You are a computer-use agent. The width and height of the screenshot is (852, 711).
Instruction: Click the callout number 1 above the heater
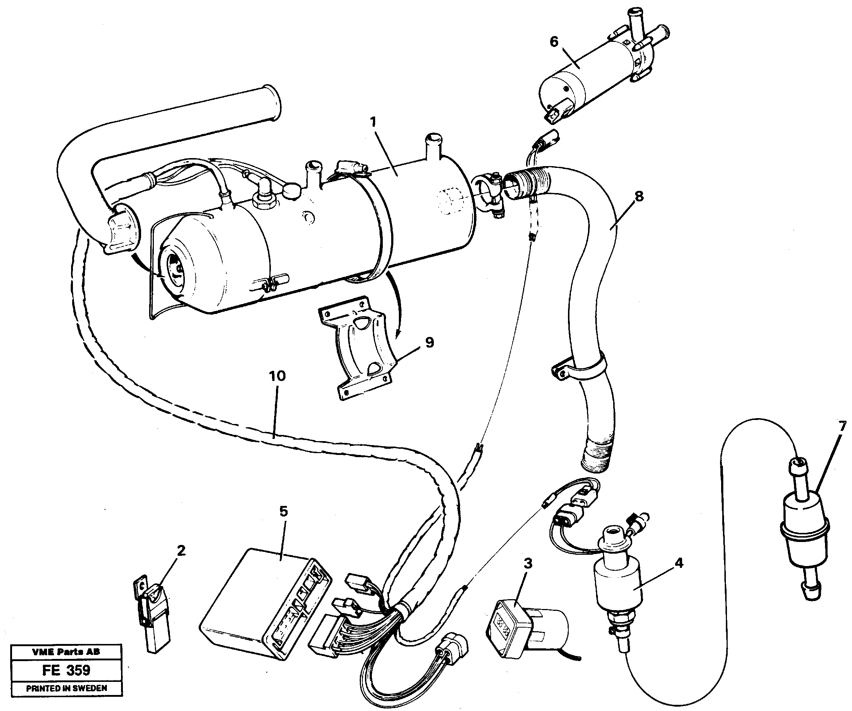coord(373,122)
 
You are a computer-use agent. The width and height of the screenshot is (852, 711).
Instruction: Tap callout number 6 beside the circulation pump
coord(554,42)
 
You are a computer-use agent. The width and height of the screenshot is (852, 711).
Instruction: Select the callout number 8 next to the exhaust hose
coord(639,197)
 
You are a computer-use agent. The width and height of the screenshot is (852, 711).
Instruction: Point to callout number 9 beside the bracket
coord(429,342)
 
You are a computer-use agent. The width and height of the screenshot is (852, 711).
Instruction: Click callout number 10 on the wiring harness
coord(277,376)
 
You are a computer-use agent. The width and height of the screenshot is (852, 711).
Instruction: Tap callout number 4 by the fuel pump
coord(679,563)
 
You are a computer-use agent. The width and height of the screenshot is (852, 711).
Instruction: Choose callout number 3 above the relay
coord(528,563)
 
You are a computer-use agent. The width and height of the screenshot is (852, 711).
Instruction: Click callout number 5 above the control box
coord(283,511)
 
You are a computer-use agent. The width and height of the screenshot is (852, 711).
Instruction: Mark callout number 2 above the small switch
coord(181,550)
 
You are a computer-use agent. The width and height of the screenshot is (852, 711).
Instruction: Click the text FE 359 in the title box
coord(66,670)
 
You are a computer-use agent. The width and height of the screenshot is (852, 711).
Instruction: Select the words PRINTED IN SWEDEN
coord(67,688)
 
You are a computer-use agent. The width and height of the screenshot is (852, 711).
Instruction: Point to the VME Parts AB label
coord(66,652)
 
